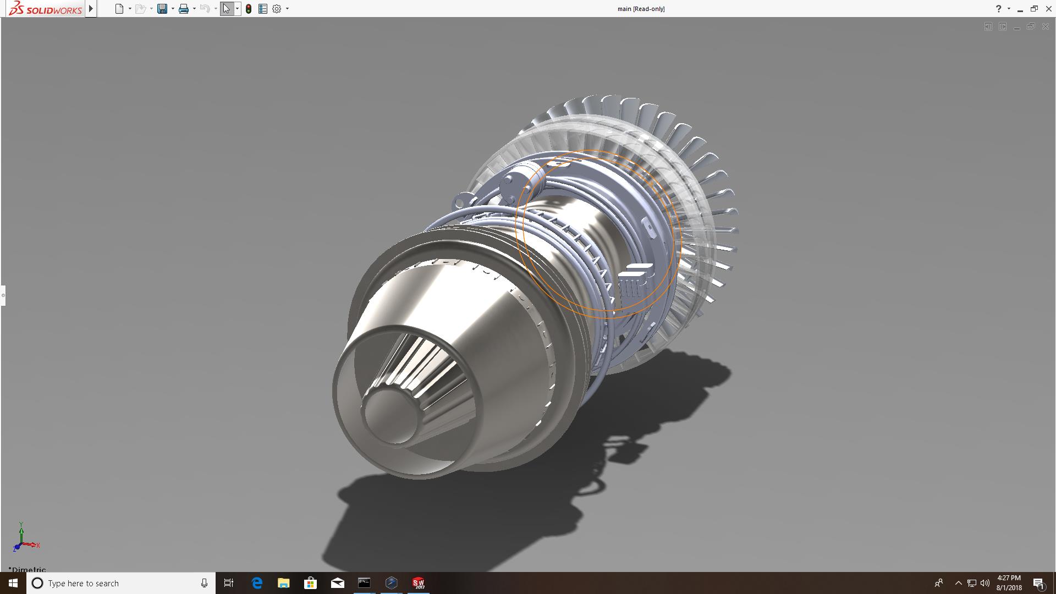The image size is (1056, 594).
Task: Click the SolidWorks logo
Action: (46, 9)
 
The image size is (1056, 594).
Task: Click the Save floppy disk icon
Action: (162, 9)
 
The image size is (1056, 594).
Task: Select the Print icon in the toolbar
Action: (184, 9)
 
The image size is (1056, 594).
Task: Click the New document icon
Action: (119, 9)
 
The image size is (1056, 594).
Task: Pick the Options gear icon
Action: (277, 9)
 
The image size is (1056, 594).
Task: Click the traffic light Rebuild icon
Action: (249, 9)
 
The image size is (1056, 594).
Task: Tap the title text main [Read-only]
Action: (641, 9)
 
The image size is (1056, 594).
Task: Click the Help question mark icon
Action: (998, 9)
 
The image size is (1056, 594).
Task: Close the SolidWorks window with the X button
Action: (1048, 9)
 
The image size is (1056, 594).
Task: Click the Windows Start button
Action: (13, 583)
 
